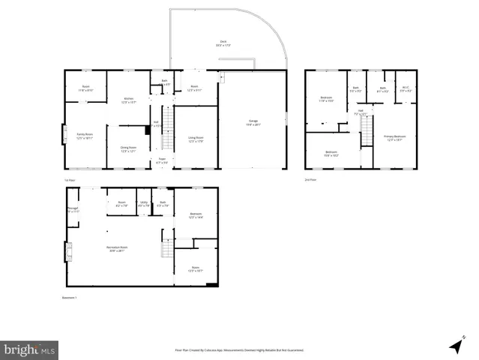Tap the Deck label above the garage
(x=223, y=43)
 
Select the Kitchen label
(x=127, y=100)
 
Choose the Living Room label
(x=196, y=139)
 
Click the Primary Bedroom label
(x=394, y=138)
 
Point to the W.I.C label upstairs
(x=405, y=88)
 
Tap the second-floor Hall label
(x=361, y=112)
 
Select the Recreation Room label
(x=117, y=249)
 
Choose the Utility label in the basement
(x=144, y=203)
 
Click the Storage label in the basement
(x=73, y=210)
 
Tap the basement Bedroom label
(x=196, y=215)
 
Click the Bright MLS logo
(x=30, y=349)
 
